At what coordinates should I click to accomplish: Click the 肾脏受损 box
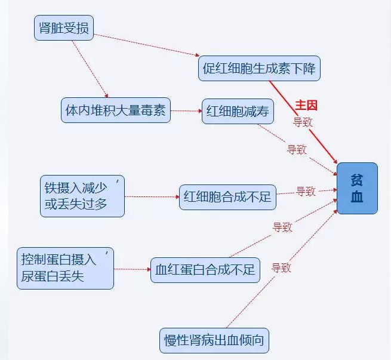coord(64,27)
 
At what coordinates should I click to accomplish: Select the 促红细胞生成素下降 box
coord(259,68)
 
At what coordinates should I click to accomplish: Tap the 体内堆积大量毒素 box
coord(116,110)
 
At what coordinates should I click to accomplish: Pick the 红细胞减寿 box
coord(238,111)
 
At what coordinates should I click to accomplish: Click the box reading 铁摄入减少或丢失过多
coord(82,196)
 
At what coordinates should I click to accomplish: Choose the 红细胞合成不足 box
coord(227,197)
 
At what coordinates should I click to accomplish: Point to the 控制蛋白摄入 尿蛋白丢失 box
coord(65,268)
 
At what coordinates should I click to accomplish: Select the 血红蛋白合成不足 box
coord(205,270)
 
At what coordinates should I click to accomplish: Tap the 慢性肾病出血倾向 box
coord(214,340)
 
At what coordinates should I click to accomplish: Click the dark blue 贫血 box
coord(357,188)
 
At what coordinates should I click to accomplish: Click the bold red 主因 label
coord(306,105)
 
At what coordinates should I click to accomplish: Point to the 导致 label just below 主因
coord(303,122)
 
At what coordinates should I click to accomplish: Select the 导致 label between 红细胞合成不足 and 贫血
coord(306,192)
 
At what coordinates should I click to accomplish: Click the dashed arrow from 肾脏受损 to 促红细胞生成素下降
coord(147,45)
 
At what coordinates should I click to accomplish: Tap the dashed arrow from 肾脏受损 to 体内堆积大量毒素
coord(90,69)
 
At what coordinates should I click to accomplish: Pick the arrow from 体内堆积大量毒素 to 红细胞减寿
coord(186,111)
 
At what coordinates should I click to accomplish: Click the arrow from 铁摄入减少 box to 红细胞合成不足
coord(152,197)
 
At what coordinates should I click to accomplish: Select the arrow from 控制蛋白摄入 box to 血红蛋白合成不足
coord(132,269)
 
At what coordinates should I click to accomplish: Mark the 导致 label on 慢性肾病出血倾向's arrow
coord(281,268)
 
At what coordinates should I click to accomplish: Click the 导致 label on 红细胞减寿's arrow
coord(297,149)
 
